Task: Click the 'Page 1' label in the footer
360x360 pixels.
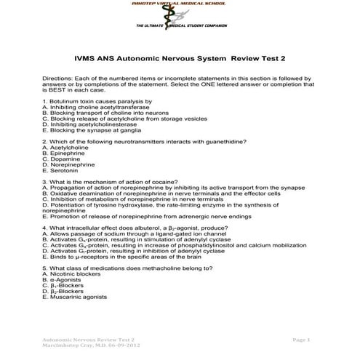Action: pos(300,340)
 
